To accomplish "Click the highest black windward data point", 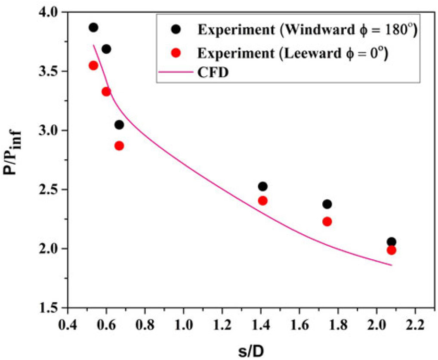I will (93, 28).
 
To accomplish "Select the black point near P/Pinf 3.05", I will (119, 125).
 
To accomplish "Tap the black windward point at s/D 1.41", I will (262, 186).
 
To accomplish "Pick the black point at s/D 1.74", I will (327, 204).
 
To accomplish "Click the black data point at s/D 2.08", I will (391, 242).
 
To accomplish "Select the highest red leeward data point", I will (93, 65).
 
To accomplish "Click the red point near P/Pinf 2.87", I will (119, 146).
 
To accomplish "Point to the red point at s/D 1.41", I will (262, 201).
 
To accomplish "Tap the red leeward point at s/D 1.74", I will (327, 222).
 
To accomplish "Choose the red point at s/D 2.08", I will (391, 250).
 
